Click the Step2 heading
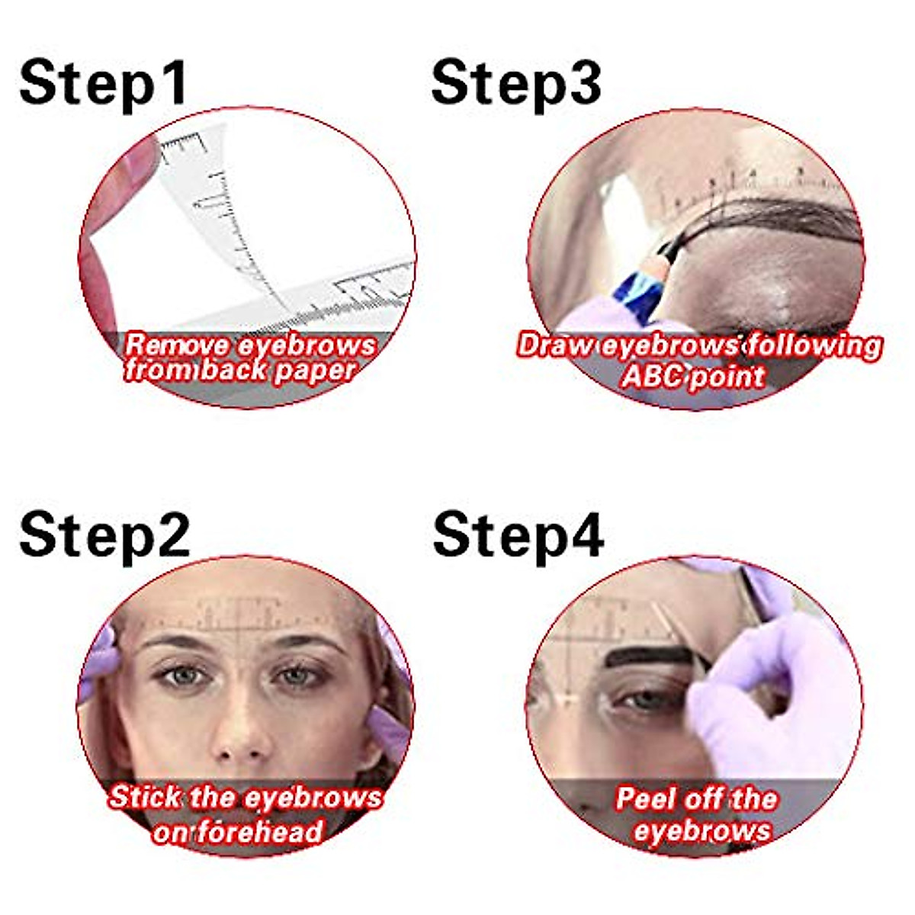click(x=104, y=534)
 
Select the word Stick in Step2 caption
click(x=145, y=798)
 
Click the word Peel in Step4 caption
click(x=647, y=799)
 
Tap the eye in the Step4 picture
click(x=644, y=698)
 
